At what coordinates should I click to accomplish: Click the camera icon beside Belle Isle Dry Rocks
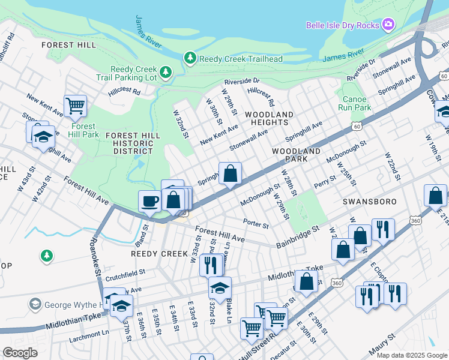[389, 25]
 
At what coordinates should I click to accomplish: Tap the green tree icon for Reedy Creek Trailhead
[190, 57]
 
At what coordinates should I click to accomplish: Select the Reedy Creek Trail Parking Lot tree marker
[165, 72]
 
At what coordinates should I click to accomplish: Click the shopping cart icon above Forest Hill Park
[75, 106]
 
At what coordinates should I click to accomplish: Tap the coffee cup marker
[149, 201]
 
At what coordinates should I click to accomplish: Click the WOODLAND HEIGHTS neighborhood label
[269, 118]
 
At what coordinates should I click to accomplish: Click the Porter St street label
[256, 223]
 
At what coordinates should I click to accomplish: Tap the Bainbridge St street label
[297, 238]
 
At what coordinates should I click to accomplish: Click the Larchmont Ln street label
[86, 332]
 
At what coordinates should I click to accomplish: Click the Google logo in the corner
[20, 352]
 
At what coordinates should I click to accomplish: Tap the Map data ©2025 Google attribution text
[411, 355]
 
